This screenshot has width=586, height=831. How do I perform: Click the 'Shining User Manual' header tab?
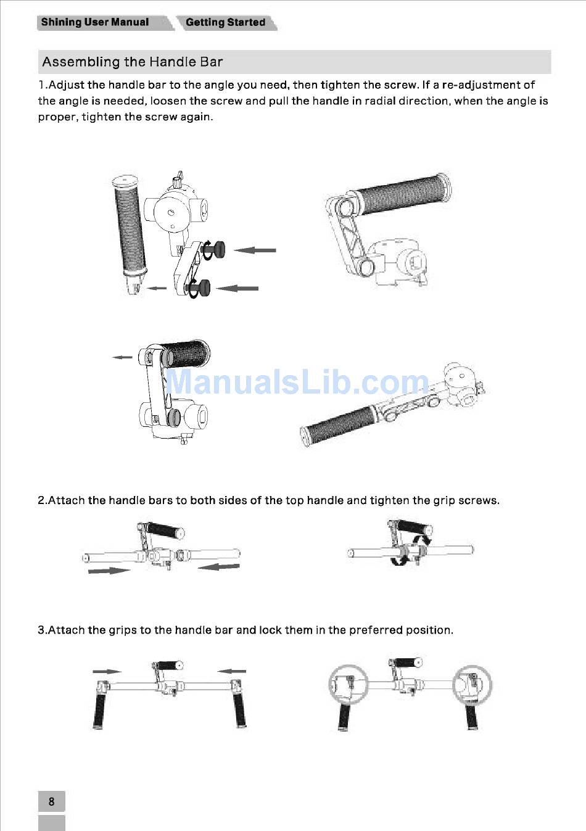coord(95,22)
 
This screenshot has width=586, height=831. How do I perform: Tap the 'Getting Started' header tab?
coord(226,22)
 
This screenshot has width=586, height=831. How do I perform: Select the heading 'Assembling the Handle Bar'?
coord(133,62)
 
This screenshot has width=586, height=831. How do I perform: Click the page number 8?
coord(52,801)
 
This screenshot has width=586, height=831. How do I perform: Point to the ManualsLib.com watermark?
coord(297,382)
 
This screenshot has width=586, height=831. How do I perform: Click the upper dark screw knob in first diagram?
coord(215,250)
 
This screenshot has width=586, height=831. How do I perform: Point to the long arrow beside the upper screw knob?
coord(255,250)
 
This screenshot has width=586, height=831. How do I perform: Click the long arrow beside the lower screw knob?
coord(237,288)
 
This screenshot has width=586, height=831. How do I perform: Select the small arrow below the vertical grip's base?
coord(157,288)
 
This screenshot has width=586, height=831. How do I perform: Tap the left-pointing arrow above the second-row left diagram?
coord(122,357)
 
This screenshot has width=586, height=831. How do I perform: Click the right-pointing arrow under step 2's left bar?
coord(109,571)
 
